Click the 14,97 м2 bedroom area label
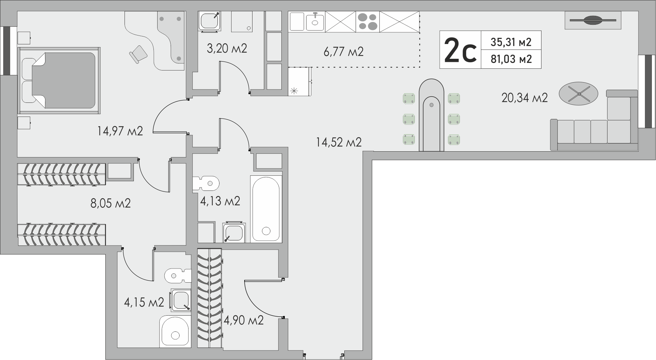coord(120,131)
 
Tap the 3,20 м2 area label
coord(227,48)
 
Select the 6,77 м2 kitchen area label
coord(343,52)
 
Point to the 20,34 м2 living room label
coord(525,98)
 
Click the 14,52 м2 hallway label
coord(339,142)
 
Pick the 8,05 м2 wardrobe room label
coord(110,203)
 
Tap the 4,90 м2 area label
coord(244,320)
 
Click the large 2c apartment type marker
coord(460,50)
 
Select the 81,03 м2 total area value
coord(511,59)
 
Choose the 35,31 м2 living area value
coord(511,42)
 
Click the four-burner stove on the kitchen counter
coord(368,21)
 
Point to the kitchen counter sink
coord(315,22)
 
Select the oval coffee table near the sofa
coord(579,93)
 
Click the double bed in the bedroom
coord(59,80)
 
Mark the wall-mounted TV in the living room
coord(593,20)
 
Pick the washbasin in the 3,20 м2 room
coord(209,21)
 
